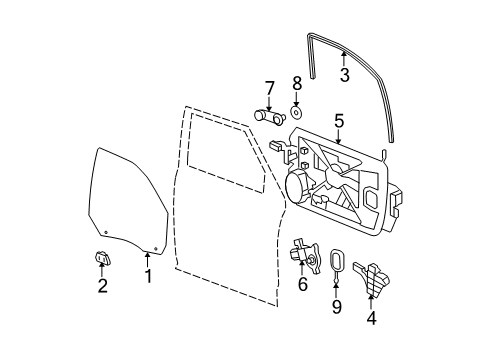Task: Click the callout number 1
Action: click(148, 276)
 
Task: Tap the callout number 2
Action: click(102, 287)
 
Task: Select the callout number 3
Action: click(344, 75)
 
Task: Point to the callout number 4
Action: click(372, 319)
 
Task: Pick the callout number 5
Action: click(339, 122)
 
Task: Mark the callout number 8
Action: click(296, 82)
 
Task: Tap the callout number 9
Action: click(336, 307)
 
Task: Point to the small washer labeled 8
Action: click(296, 110)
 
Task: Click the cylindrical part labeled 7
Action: click(264, 116)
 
